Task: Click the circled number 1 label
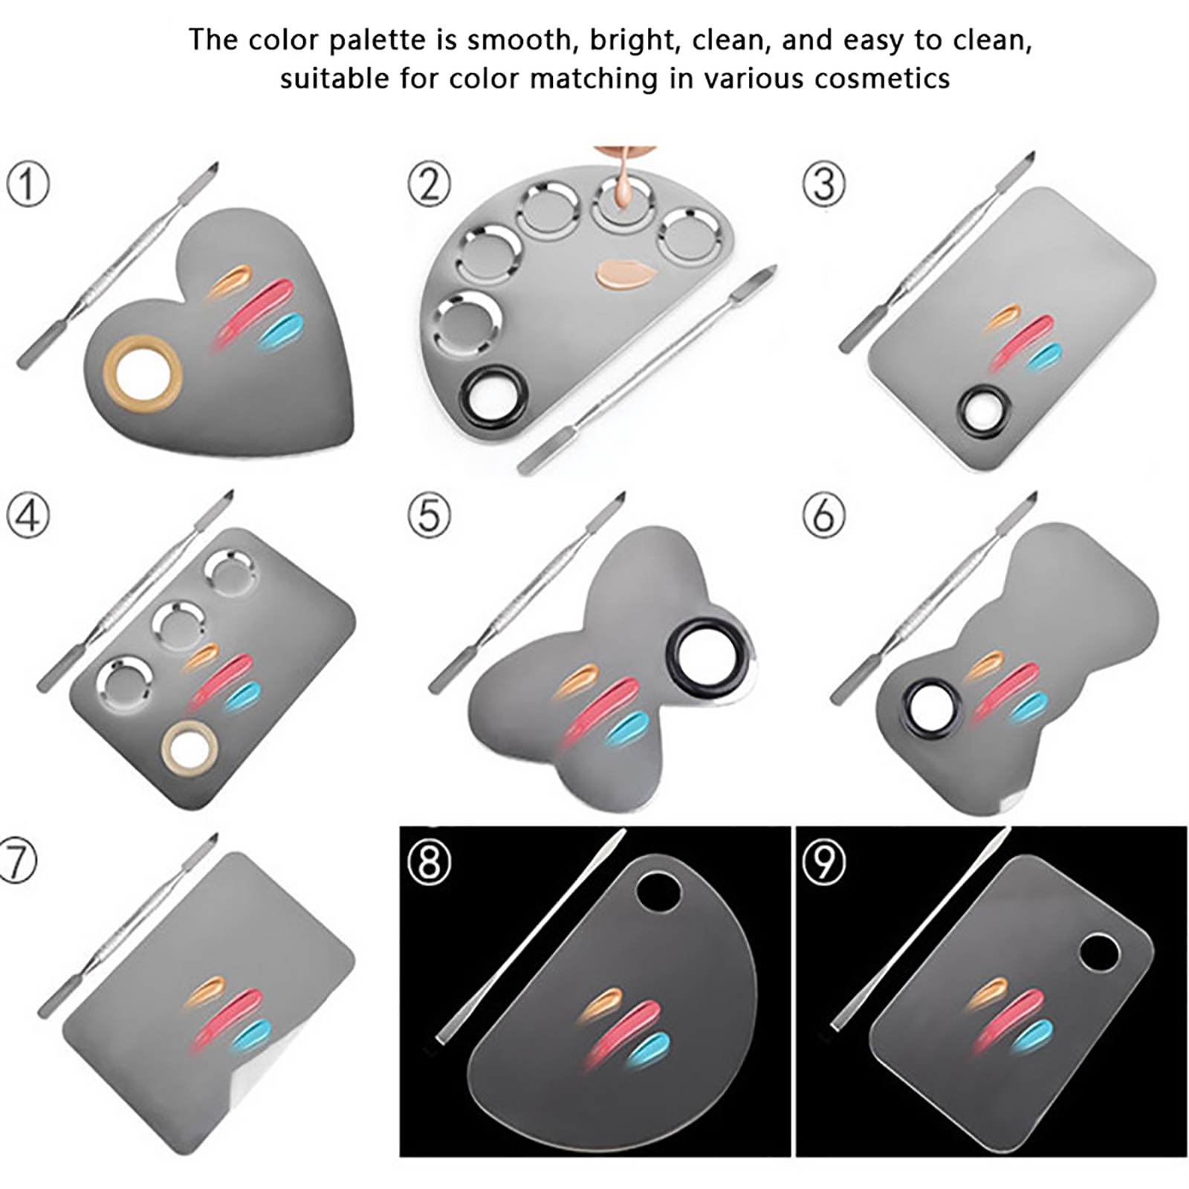28,184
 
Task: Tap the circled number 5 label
430,516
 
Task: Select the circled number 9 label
824,862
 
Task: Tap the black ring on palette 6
929,707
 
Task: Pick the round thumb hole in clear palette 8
660,892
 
